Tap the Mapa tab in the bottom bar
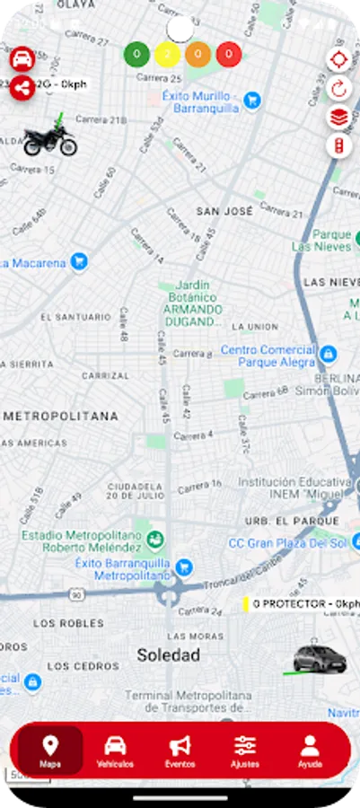point(50,751)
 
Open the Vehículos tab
point(115,751)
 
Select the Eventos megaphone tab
point(180,751)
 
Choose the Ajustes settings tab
point(245,751)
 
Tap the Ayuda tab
point(310,751)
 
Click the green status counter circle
point(136,55)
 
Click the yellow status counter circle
point(167,55)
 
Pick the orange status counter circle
point(198,55)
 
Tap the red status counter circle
point(229,55)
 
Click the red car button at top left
point(22,59)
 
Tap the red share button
point(22,87)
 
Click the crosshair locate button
point(338,60)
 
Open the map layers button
point(338,117)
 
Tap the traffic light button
point(338,145)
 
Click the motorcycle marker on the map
point(49,140)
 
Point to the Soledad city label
point(168,655)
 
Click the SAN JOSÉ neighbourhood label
point(224,211)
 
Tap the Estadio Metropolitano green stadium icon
point(156,539)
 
